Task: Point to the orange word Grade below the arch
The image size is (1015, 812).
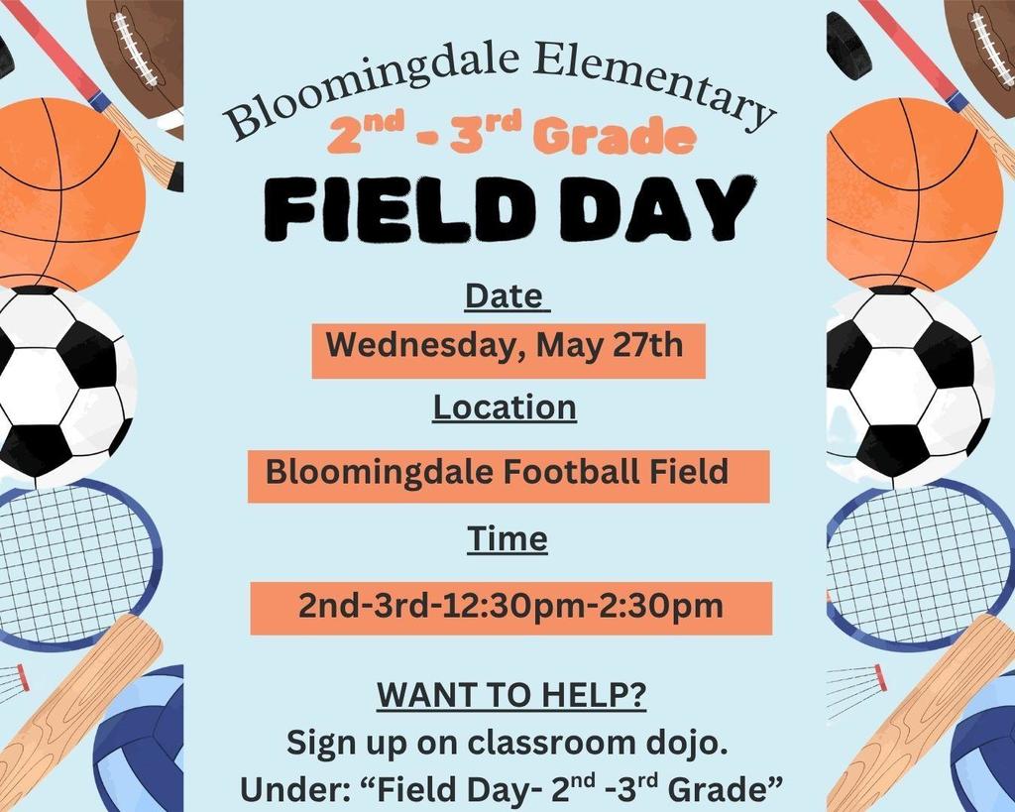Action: pyautogui.click(x=615, y=136)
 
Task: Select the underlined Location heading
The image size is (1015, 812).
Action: pyautogui.click(x=505, y=407)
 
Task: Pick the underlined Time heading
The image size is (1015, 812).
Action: pyautogui.click(x=507, y=538)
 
